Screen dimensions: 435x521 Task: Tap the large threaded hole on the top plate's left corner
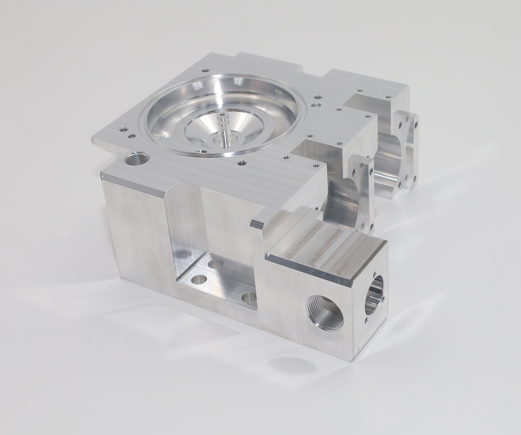click(136, 159)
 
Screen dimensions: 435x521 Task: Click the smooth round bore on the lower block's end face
click(373, 295)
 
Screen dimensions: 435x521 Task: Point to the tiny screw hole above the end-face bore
click(374, 275)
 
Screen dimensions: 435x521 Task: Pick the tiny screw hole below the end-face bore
click(366, 321)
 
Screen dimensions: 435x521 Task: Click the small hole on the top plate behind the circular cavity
click(206, 70)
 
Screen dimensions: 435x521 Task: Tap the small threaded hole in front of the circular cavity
click(242, 163)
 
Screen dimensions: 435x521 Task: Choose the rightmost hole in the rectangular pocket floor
click(249, 298)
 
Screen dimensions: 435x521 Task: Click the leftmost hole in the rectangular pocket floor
click(198, 279)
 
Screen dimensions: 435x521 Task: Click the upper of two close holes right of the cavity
click(318, 96)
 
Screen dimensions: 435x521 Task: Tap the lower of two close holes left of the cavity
click(132, 136)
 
